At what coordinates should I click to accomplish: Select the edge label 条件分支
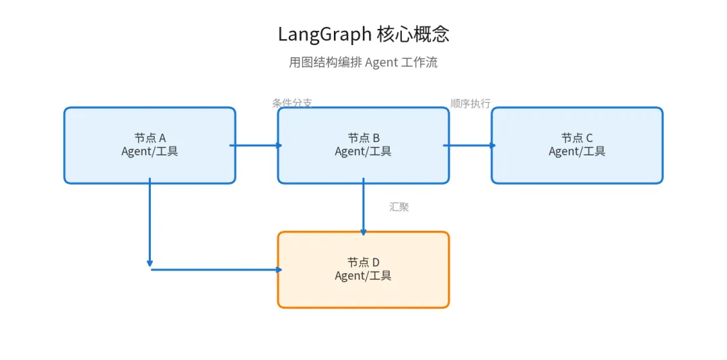click(292, 103)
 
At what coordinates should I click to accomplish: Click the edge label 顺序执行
click(471, 103)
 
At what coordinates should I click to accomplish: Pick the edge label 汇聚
click(399, 207)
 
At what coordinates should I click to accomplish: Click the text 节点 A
click(150, 138)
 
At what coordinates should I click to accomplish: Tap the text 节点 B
click(363, 138)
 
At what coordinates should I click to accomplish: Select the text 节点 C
click(577, 138)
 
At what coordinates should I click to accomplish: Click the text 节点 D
click(363, 262)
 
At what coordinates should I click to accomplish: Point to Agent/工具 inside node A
click(150, 151)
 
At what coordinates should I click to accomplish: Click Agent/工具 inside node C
click(577, 151)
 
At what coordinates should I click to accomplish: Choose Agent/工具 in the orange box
click(363, 275)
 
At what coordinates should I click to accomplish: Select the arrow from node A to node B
click(256, 145)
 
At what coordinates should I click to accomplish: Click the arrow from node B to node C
click(470, 145)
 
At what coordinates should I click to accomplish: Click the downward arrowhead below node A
click(149, 263)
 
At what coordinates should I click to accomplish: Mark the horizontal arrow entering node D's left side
click(215, 270)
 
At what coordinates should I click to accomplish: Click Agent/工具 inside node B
click(363, 151)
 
